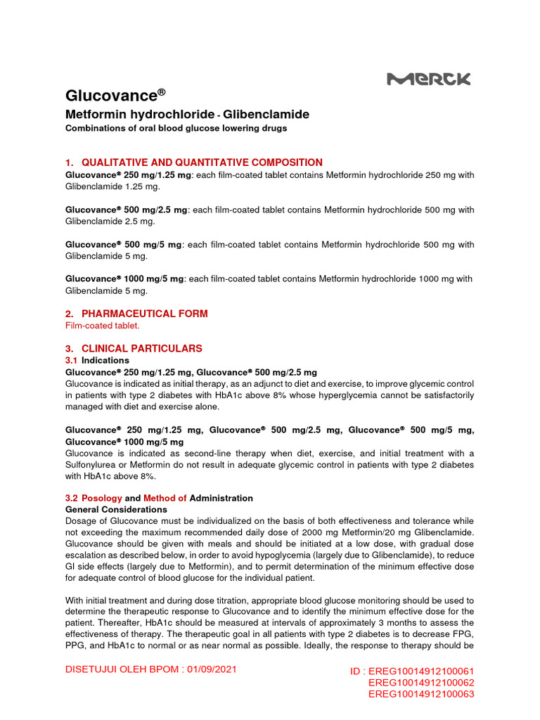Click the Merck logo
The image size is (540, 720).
coord(429,79)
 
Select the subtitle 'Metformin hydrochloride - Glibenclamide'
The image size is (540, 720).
coord(187,115)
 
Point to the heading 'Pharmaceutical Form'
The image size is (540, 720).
coord(144,314)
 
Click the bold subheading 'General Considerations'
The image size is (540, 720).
coord(116,509)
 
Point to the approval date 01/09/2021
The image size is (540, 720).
coord(212,669)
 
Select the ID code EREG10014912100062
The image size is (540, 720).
coord(421,683)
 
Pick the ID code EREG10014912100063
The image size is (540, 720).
coord(421,694)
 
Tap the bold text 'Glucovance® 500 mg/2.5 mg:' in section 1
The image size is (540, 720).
coord(127,210)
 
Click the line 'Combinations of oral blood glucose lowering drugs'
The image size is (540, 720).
coord(176,128)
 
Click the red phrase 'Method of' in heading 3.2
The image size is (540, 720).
coord(165,498)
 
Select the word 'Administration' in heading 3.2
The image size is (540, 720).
coord(221,498)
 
